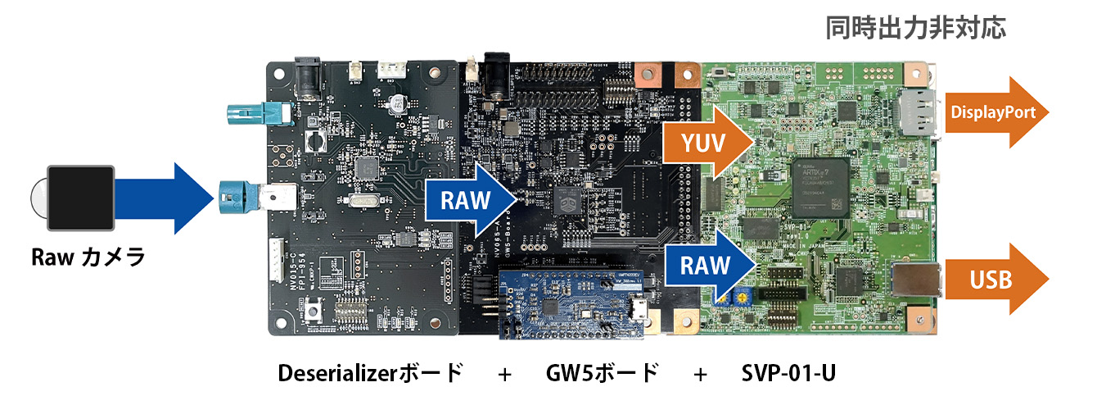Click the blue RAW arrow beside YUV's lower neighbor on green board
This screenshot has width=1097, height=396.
pyautogui.click(x=708, y=264)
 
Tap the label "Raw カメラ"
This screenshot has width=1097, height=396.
pyautogui.click(x=88, y=257)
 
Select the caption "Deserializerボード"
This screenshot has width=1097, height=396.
pyautogui.click(x=370, y=373)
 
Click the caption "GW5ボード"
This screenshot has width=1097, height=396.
pyautogui.click(x=602, y=373)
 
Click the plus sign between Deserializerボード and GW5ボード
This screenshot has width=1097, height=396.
pyautogui.click(x=504, y=374)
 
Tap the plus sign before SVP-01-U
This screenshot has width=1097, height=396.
pyautogui.click(x=700, y=374)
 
